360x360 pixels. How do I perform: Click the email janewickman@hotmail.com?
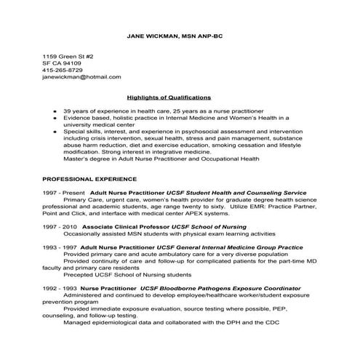[x=81, y=76]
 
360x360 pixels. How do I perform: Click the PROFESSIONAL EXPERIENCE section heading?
[x=89, y=177]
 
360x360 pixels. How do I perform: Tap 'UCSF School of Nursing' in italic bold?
[x=209, y=226]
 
